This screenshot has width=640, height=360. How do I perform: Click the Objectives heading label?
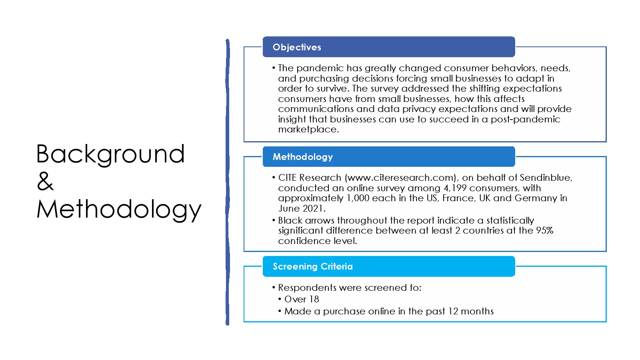click(297, 47)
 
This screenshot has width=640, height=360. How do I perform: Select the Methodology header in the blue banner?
click(302, 157)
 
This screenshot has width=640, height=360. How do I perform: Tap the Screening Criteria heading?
click(312, 266)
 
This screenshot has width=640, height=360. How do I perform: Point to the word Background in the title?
click(110, 154)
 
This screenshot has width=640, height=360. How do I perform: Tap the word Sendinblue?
click(546, 178)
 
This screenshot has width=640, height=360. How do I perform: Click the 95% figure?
click(544, 230)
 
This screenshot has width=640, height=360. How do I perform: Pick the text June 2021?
click(302, 208)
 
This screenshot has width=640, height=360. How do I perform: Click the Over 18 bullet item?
click(302, 299)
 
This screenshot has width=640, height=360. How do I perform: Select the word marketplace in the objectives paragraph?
click(308, 130)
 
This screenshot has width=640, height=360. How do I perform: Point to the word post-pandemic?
click(526, 119)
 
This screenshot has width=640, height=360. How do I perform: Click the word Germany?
click(536, 198)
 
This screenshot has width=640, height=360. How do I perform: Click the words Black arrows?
click(306, 220)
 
